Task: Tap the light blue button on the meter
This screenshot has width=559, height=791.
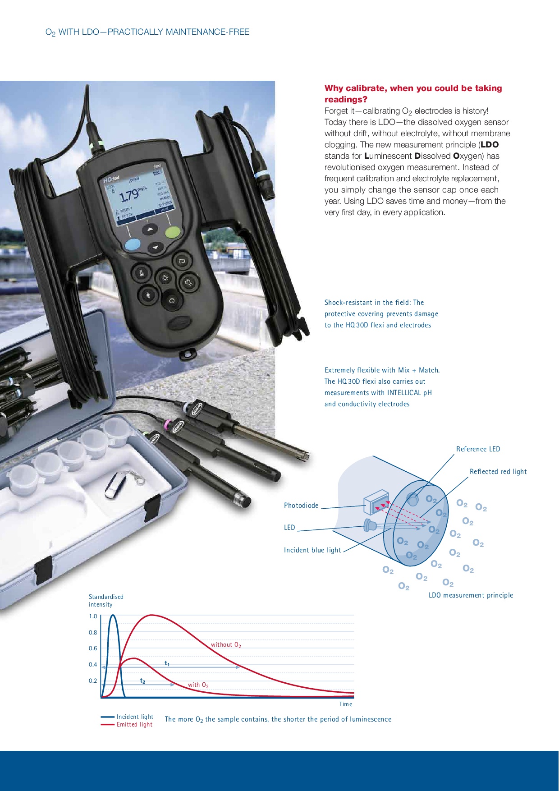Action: pos(133,245)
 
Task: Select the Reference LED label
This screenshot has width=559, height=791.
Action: pos(478,449)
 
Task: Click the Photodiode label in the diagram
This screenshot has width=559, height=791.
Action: pos(301,506)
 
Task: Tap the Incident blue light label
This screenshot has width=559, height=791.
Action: pos(312,550)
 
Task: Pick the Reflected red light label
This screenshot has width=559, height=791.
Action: pos(498,472)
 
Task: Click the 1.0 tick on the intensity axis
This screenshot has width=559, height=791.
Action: pos(93,616)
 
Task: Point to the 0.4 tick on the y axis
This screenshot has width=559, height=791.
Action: pos(93,664)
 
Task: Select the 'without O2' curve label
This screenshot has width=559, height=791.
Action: pos(226,645)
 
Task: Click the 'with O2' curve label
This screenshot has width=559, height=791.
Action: pos(198,685)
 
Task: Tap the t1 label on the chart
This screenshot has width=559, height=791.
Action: pos(167,663)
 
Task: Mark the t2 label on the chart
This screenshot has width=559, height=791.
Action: pos(142,681)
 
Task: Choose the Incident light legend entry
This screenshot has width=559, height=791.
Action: pos(127,717)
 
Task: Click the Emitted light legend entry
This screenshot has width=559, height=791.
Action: pos(127,724)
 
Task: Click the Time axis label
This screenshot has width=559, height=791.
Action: pos(346,704)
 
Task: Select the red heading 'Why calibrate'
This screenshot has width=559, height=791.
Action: pos(413,94)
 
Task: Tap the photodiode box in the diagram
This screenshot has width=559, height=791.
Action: pos(376,502)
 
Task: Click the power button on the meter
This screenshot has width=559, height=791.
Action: pos(171,300)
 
